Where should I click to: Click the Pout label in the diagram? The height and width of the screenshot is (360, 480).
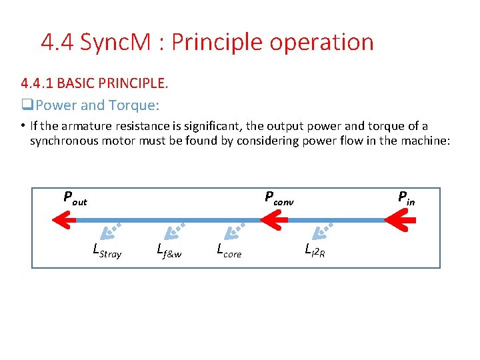pyautogui.click(x=75, y=198)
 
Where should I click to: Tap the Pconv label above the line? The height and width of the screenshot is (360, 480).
pyautogui.click(x=279, y=198)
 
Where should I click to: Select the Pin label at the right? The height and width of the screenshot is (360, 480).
pyautogui.click(x=406, y=197)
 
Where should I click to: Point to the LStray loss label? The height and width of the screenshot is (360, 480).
pyautogui.click(x=107, y=252)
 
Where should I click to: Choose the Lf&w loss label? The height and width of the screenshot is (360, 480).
pyautogui.click(x=169, y=251)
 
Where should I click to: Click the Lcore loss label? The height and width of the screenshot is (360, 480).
pyautogui.click(x=229, y=251)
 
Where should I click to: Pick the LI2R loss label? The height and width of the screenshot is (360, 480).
pyautogui.click(x=315, y=251)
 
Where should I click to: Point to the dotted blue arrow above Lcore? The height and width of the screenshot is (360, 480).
pyautogui.click(x=234, y=229)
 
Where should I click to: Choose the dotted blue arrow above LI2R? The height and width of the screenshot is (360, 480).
pyautogui.click(x=325, y=229)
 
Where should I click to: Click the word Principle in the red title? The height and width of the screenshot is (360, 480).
pyautogui.click(x=211, y=42)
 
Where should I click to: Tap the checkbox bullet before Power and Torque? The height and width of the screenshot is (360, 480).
pyautogui.click(x=27, y=105)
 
